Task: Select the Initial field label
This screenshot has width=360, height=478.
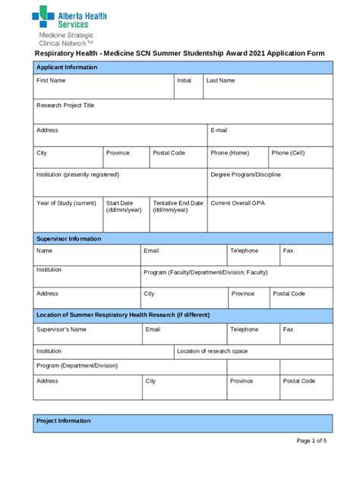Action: (184, 80)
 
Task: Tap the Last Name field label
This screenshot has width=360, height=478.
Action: (220, 80)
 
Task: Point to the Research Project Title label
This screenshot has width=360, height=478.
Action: (65, 105)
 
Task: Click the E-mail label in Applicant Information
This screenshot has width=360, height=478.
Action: (219, 131)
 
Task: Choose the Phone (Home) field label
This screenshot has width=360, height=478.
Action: (229, 153)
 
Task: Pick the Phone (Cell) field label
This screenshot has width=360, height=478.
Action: (288, 153)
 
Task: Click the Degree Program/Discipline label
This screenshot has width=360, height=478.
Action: (245, 175)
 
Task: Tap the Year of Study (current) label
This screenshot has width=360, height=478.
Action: (66, 203)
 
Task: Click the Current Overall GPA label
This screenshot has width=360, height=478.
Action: (238, 203)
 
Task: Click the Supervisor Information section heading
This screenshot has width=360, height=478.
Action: (69, 238)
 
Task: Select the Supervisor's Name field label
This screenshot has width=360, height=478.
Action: (62, 330)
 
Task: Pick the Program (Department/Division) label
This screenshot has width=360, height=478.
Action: (77, 366)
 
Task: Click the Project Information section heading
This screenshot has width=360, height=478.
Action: (64, 421)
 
